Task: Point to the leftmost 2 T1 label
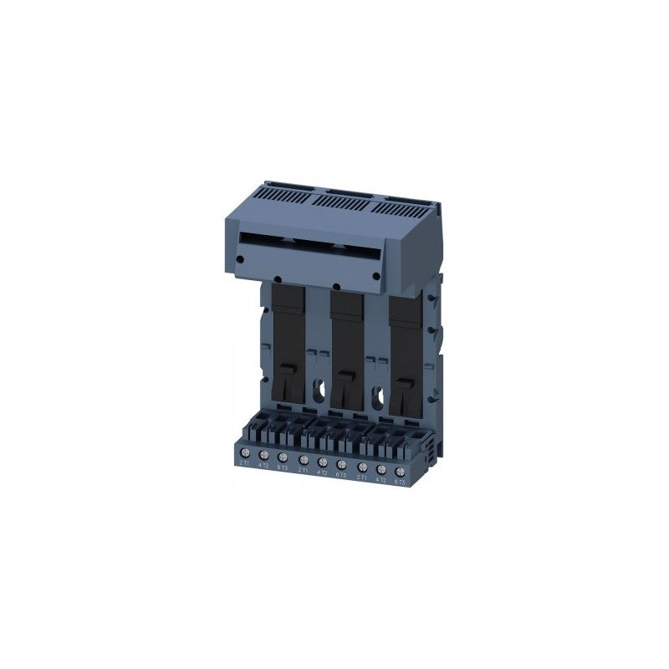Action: click(x=243, y=462)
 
